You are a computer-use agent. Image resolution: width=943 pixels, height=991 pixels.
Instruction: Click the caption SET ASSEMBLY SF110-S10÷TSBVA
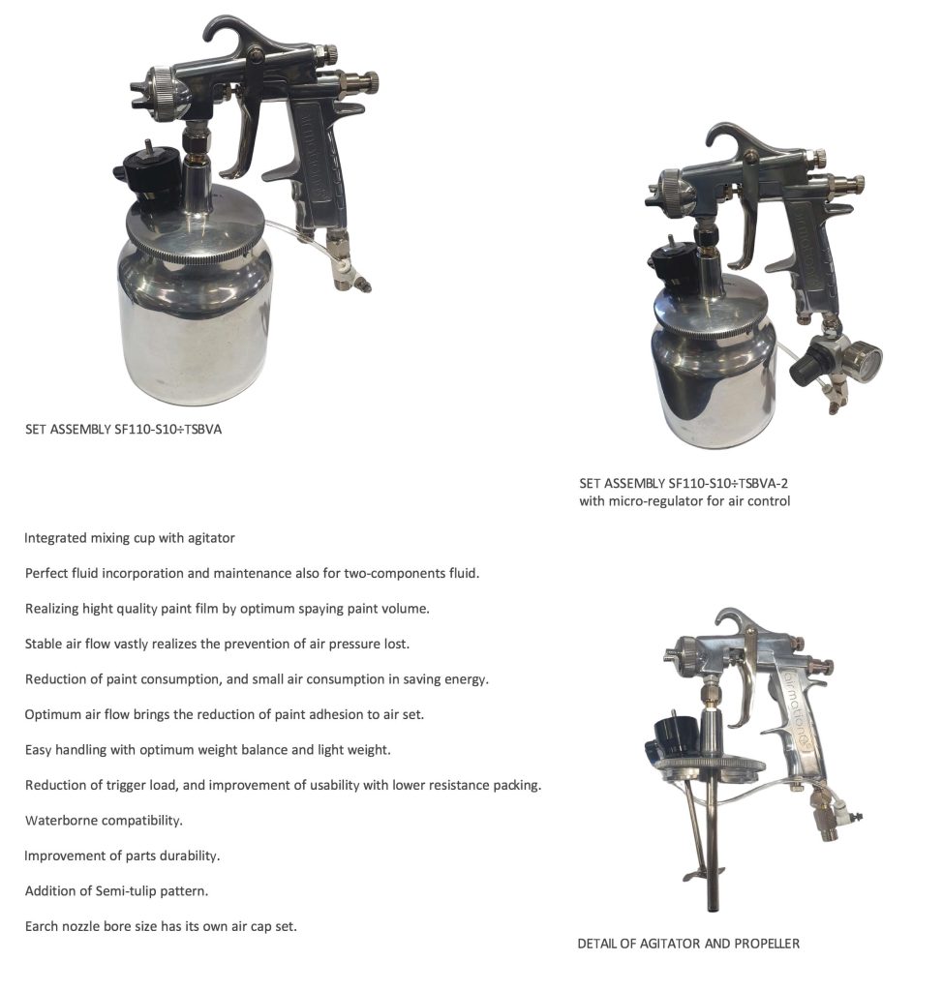point(123,429)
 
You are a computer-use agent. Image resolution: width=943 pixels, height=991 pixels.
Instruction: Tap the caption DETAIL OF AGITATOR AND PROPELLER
point(688,943)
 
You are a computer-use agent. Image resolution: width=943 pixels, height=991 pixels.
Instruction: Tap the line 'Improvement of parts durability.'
point(122,856)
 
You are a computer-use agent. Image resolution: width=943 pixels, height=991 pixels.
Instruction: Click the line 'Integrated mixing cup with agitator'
point(130,537)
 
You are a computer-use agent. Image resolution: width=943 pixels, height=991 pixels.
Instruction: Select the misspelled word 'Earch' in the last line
point(44,926)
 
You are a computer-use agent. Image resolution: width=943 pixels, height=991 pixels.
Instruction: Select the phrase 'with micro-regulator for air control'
point(684,501)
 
